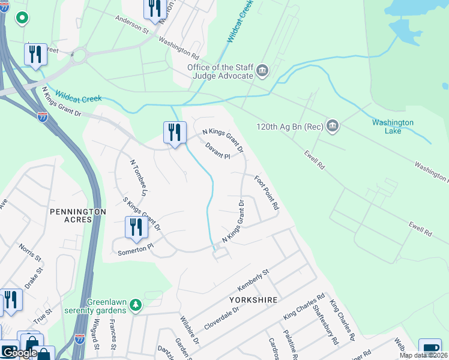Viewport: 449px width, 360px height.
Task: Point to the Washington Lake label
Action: tap(393, 127)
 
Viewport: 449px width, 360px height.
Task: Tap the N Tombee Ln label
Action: tap(139, 178)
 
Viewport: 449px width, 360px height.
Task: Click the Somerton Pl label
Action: tap(136, 247)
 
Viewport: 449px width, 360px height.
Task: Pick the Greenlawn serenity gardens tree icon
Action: tap(136, 305)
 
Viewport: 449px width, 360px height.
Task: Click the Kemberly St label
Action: tap(254, 280)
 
